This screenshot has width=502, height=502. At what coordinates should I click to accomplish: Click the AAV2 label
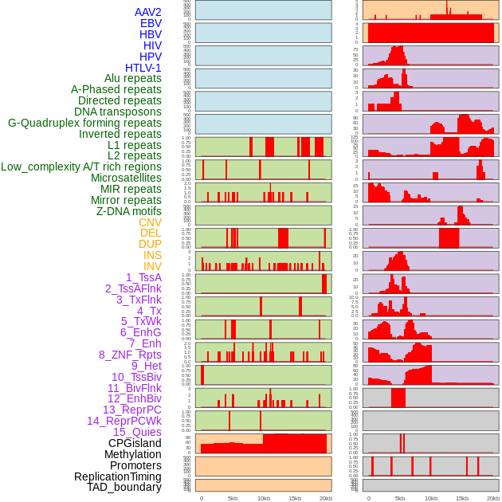point(148,12)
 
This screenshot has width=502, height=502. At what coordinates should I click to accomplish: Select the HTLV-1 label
point(143,68)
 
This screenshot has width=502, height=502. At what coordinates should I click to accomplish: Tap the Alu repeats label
point(133,79)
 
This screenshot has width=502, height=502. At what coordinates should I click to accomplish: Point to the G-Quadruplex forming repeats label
point(84,123)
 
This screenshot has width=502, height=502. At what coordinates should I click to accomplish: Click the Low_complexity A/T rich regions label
point(81,167)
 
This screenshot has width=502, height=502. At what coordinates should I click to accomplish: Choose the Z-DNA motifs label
point(129,211)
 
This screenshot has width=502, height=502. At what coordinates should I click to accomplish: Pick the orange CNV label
point(150,222)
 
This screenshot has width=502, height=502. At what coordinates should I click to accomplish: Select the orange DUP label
point(150,244)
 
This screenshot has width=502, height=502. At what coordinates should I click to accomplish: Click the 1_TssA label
point(143,277)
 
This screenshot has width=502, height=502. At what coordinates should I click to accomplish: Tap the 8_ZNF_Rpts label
point(130,355)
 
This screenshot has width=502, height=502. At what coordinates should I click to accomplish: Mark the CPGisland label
point(135,443)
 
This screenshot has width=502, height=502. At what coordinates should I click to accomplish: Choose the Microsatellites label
point(126,178)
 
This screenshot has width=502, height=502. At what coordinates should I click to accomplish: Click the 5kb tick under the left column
point(233,498)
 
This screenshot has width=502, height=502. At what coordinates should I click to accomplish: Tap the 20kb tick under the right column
point(493,498)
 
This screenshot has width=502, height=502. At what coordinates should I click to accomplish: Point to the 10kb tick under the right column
point(431,498)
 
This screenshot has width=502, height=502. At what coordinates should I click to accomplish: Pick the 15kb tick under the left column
point(295,498)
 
